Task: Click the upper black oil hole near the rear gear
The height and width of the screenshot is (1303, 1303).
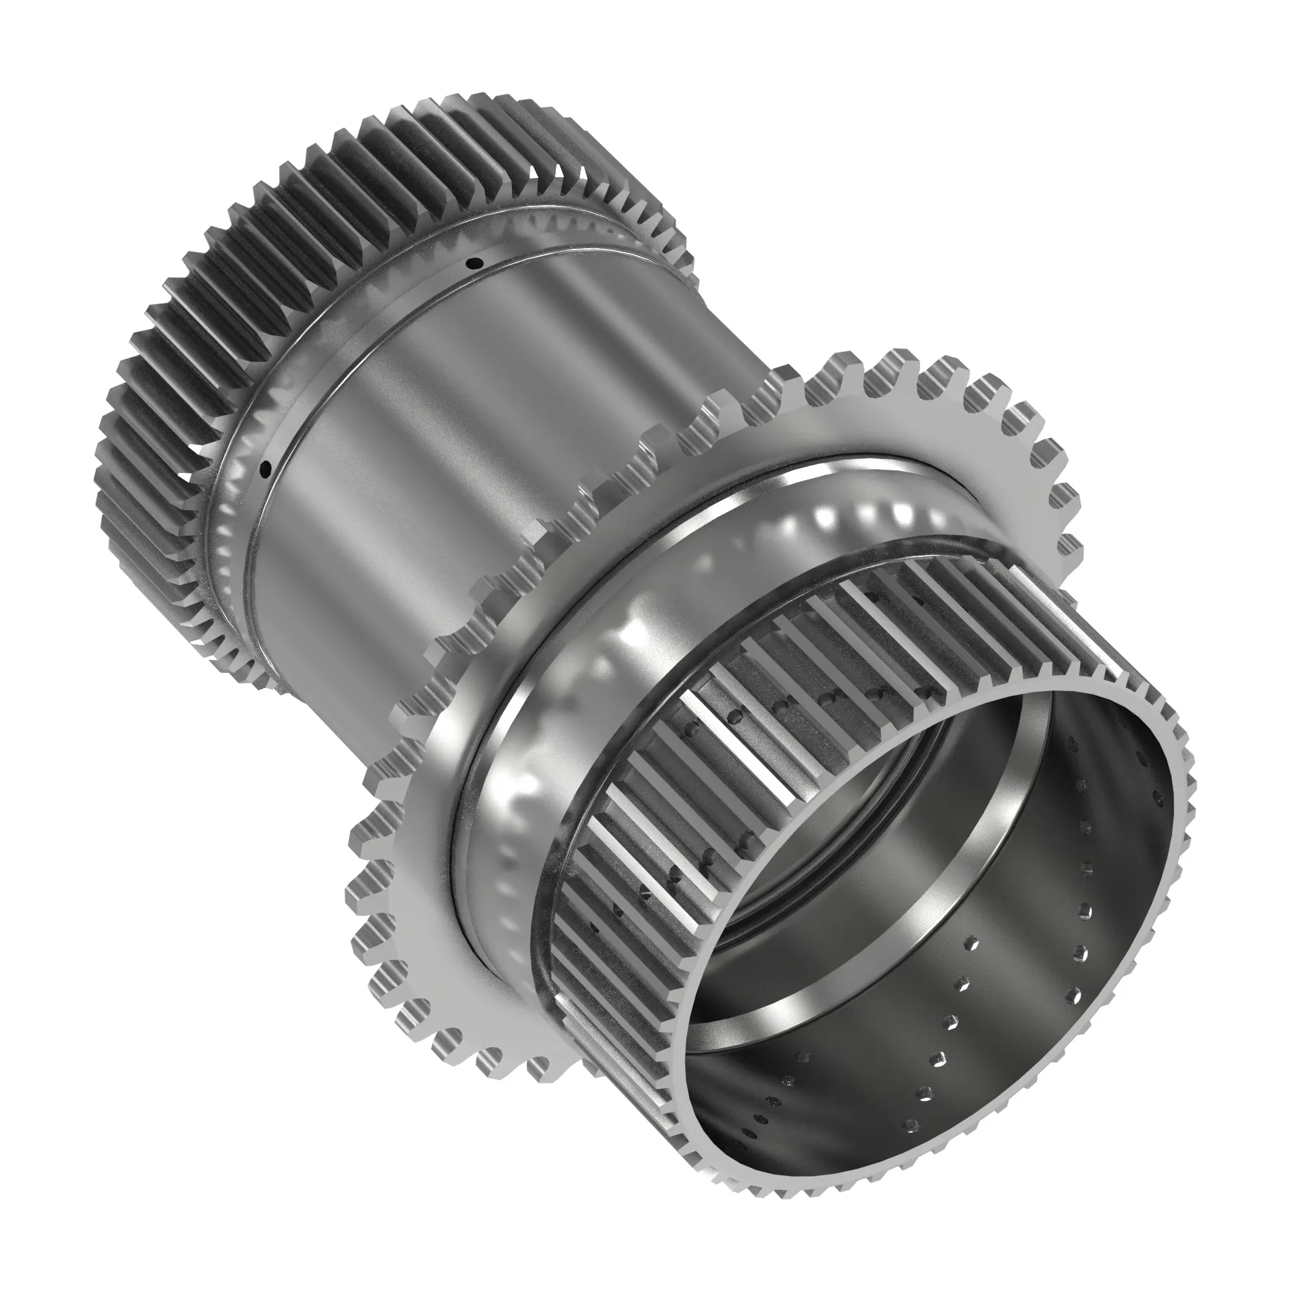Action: coord(477,263)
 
